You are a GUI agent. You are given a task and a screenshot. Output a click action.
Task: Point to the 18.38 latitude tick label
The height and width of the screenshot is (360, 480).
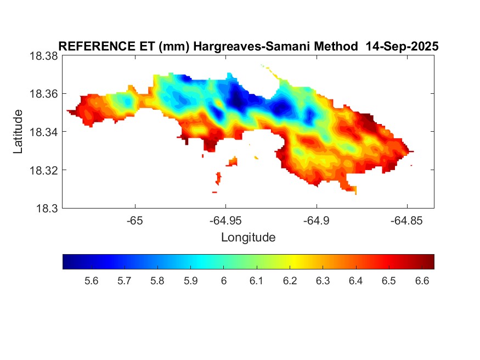point(43,56)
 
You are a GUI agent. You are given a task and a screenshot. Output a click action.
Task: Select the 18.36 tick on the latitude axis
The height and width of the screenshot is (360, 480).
point(43,94)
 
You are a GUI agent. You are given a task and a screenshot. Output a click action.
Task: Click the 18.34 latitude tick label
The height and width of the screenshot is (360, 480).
point(43,132)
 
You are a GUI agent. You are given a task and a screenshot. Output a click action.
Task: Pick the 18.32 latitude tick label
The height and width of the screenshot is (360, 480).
point(43,170)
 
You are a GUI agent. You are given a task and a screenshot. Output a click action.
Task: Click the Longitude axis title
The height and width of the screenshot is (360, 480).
point(248,238)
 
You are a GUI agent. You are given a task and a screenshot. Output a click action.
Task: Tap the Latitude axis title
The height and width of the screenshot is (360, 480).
point(19,132)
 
